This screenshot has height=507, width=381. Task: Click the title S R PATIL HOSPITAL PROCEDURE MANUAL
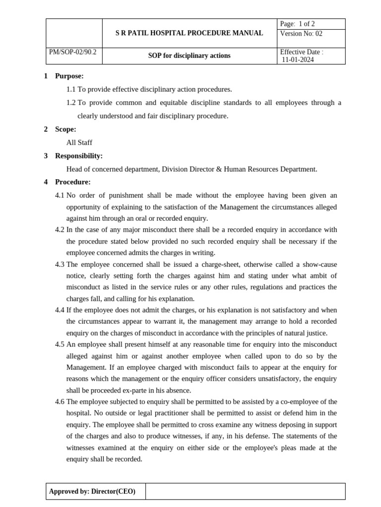189,33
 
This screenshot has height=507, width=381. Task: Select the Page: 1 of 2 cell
298,24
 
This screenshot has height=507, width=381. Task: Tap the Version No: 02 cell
301,34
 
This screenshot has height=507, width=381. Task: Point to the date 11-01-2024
298,60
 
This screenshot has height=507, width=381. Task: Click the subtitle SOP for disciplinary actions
189,56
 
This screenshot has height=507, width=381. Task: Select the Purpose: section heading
69,76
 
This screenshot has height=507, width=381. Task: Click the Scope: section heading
65,129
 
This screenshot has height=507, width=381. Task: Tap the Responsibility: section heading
78,156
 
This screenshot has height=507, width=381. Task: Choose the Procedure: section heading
72,182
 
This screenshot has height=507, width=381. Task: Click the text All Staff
79,143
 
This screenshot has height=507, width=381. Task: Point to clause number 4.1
60,195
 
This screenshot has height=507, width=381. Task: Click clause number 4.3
60,264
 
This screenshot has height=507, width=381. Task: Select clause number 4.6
60,402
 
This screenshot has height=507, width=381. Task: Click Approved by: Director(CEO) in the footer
92,492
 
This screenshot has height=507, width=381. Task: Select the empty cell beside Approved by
245,492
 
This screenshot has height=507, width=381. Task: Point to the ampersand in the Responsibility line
219,169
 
